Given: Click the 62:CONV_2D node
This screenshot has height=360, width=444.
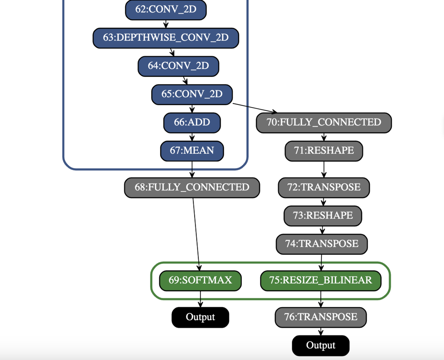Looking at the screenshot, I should tap(166, 9).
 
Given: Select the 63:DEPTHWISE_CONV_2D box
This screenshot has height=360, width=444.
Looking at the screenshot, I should tap(166, 38).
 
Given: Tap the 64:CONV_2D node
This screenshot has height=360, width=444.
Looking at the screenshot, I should tap(178, 66).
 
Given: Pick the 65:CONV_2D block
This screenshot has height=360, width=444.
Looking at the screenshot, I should tap(192, 94).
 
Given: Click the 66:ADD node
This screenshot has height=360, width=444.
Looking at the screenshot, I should tap(192, 122).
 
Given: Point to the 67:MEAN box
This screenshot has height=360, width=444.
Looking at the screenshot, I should tap(192, 150).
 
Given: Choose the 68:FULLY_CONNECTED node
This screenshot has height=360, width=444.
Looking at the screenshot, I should tap(192, 188).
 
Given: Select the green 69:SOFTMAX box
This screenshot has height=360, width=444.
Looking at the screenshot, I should tap(200, 280).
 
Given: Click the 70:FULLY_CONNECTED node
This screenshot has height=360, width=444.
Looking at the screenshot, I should tap(324, 122).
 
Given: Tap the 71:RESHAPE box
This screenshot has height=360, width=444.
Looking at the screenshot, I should tap(324, 150).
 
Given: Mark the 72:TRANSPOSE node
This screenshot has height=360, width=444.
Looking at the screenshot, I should tap(324, 188).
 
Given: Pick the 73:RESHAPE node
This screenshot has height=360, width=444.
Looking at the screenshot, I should tap(323, 216).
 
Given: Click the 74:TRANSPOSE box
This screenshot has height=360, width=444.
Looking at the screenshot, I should tap(322, 244).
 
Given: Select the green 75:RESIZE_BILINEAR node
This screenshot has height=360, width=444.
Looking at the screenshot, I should tap(320, 280).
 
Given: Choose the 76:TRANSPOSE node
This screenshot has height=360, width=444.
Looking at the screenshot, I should tap(320, 317).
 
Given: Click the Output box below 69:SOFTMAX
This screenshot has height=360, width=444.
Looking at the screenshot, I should tap(200, 317).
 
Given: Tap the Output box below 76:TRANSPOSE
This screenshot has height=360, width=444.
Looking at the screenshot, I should tap(320, 346).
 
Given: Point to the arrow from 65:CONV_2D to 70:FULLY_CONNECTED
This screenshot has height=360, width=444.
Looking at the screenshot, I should tap(254, 108).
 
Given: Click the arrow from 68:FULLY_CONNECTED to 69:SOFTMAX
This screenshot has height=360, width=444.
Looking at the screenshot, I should tap(196, 234).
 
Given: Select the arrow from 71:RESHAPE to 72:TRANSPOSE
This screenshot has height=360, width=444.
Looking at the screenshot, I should tap(324, 169).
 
